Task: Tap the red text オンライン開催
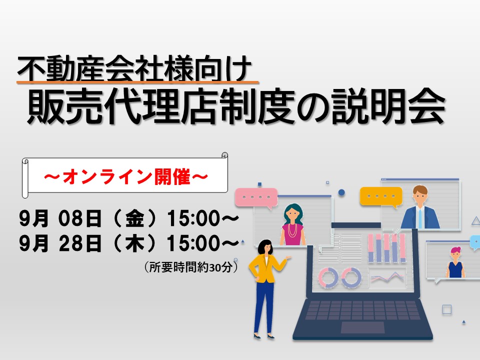(x=126, y=176)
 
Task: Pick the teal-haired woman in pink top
(x=293, y=224)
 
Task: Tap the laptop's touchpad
(x=362, y=327)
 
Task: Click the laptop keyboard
(x=363, y=310)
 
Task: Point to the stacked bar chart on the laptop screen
(x=387, y=248)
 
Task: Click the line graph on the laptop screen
(x=387, y=277)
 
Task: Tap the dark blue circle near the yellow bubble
(x=341, y=192)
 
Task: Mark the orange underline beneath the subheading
(x=138, y=82)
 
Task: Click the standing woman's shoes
(x=264, y=336)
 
